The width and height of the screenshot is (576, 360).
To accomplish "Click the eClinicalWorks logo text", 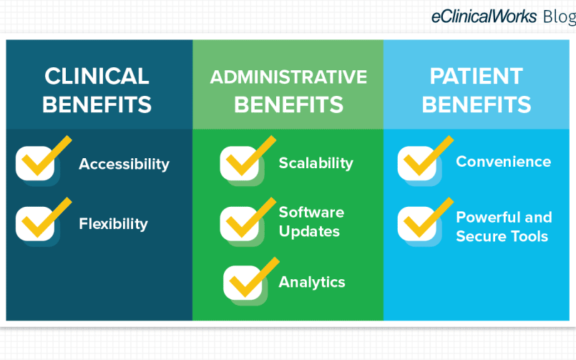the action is (x=484, y=16).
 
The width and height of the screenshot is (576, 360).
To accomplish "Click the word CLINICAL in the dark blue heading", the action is (x=97, y=76).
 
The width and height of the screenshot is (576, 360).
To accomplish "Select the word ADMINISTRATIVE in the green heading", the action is (x=288, y=77).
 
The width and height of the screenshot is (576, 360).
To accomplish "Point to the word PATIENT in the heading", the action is (x=477, y=76).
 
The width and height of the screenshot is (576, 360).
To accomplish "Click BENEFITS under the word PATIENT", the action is (x=477, y=104).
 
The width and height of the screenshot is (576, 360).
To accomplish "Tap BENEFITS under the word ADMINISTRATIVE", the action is (x=289, y=104).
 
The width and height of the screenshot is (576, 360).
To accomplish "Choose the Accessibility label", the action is (x=125, y=164).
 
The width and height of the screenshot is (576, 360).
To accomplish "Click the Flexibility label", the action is (x=114, y=224).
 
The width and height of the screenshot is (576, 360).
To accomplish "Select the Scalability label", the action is (x=316, y=163).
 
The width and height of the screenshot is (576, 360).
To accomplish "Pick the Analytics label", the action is (x=312, y=282).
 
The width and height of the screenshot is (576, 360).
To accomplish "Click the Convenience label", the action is (x=504, y=162).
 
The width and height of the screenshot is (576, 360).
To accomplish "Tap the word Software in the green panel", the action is (x=311, y=213).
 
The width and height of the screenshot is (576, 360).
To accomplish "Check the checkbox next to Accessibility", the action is (x=35, y=163).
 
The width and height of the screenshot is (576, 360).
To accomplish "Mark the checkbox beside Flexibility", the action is (x=35, y=224).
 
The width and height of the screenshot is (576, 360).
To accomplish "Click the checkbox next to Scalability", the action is (x=240, y=163).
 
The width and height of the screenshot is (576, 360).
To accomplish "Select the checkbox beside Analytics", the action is (x=243, y=283).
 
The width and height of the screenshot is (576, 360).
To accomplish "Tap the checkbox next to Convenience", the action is (x=417, y=163).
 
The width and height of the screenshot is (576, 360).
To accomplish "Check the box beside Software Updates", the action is (x=240, y=224).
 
